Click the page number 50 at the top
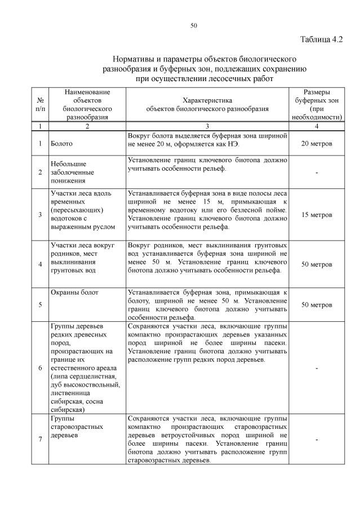[x=193, y=25]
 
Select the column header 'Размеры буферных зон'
[x=317, y=104]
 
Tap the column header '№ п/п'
[x=40, y=104]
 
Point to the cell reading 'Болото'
[x=61, y=144]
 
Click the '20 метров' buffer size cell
[x=317, y=144]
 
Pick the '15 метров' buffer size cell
[x=317, y=215]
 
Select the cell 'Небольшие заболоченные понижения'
[x=72, y=172]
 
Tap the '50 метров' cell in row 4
[x=317, y=264]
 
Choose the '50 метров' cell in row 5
[x=317, y=305]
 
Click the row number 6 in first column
[x=40, y=368]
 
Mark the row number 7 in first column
[x=40, y=440]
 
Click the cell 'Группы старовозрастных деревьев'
[x=77, y=427]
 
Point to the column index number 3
[x=207, y=127]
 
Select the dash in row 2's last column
[x=317, y=172]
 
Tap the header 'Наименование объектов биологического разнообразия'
[x=87, y=104]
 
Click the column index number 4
[x=317, y=127]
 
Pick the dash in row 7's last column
[x=317, y=440]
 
